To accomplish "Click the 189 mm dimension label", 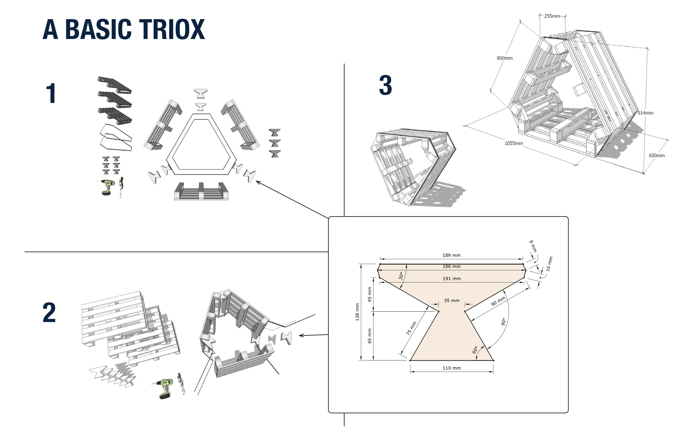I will [x=452, y=255].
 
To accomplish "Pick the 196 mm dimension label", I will [x=452, y=266].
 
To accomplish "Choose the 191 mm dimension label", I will [x=452, y=278].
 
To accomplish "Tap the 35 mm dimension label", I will [x=452, y=301].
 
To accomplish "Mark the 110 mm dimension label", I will [x=452, y=368].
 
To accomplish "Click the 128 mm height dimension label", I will [x=357, y=312].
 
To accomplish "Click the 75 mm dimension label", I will [x=411, y=328].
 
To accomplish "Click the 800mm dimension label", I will [x=504, y=58].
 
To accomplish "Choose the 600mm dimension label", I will [x=656, y=156].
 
